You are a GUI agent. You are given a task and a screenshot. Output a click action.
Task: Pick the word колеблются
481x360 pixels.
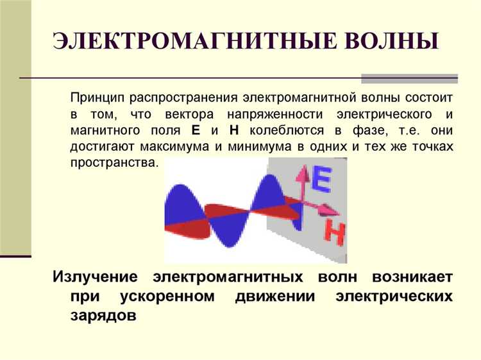(x=279, y=130)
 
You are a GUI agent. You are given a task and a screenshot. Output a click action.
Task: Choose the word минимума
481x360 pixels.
(x=257, y=146)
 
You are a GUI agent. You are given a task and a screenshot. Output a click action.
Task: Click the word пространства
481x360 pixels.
(x=114, y=162)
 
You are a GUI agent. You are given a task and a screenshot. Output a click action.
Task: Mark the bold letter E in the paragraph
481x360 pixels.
(x=196, y=130)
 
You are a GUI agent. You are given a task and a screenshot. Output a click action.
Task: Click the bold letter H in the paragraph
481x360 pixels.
(x=233, y=130)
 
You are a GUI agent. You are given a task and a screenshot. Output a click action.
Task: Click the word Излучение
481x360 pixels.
(x=95, y=277)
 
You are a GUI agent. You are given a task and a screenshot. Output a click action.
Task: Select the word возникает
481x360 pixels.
(x=414, y=277)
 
